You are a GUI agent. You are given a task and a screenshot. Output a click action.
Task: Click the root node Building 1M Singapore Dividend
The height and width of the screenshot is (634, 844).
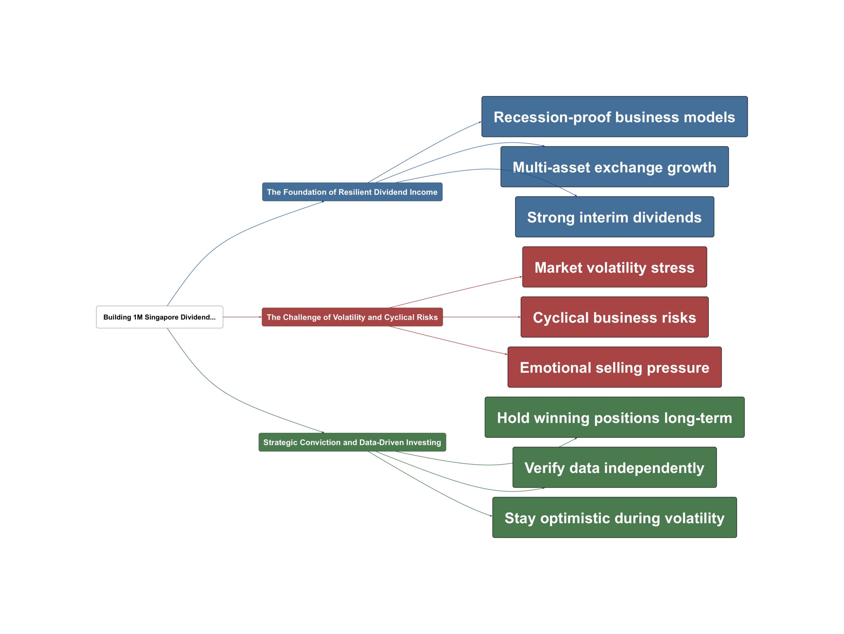pos(160,317)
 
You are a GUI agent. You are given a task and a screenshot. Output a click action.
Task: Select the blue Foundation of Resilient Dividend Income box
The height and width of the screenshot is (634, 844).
pos(352,192)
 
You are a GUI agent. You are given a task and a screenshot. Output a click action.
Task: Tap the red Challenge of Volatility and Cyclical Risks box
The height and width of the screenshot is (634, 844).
pos(352,317)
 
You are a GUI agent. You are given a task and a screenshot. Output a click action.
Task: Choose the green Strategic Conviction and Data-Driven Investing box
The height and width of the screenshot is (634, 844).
pos(352,442)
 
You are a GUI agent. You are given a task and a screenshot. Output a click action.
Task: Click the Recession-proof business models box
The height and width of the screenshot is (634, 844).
pos(614,117)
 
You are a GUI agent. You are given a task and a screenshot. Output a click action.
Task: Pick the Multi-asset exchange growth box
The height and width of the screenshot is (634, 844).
pos(614,167)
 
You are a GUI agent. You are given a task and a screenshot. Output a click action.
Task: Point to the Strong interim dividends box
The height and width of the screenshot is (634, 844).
pos(614,217)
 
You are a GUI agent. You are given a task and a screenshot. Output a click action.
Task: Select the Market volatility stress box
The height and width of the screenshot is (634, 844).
pos(614,267)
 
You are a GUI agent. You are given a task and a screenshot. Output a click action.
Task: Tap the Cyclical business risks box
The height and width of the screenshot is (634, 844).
pos(614,317)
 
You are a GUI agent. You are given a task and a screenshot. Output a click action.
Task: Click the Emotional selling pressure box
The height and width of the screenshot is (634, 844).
pos(614,367)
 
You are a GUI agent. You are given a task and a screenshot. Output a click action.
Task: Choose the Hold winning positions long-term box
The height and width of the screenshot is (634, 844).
pos(614,417)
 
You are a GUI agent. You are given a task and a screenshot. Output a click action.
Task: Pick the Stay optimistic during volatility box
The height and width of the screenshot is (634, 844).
pos(614,518)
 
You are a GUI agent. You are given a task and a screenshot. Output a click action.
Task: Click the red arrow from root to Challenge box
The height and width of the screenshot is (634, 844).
pos(242,317)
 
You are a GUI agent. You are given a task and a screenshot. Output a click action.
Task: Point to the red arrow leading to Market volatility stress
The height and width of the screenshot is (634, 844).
pos(456,292)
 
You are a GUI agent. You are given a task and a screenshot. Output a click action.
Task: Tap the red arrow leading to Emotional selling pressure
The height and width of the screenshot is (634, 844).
pos(448,341)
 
